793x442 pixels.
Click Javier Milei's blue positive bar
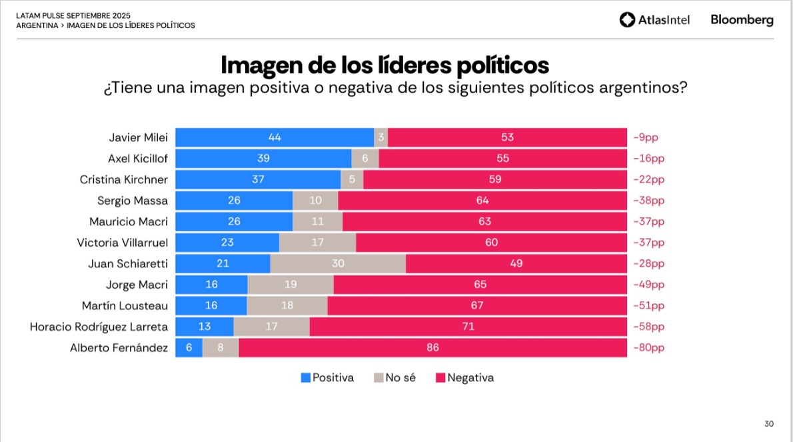point(274,137)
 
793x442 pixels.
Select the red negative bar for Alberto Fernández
point(432,347)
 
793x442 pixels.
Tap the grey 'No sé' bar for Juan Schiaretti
point(338,263)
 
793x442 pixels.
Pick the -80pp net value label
point(648,347)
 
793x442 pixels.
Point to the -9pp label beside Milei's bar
point(646,137)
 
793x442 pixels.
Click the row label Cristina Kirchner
point(124,179)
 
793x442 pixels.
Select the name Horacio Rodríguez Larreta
point(99,327)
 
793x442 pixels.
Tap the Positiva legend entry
point(327,377)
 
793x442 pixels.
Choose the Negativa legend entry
point(464,377)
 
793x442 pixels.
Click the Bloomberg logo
point(742,20)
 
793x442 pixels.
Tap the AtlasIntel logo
point(654,20)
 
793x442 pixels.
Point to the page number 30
point(769,424)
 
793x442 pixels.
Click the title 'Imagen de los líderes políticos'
point(385,65)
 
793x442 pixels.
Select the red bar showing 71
point(468,327)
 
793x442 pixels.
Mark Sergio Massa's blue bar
point(233,201)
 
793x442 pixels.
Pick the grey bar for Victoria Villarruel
point(317,243)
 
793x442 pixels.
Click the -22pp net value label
point(648,179)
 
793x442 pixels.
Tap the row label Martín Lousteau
point(125,305)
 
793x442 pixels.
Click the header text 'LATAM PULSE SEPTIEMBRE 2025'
point(73,15)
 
